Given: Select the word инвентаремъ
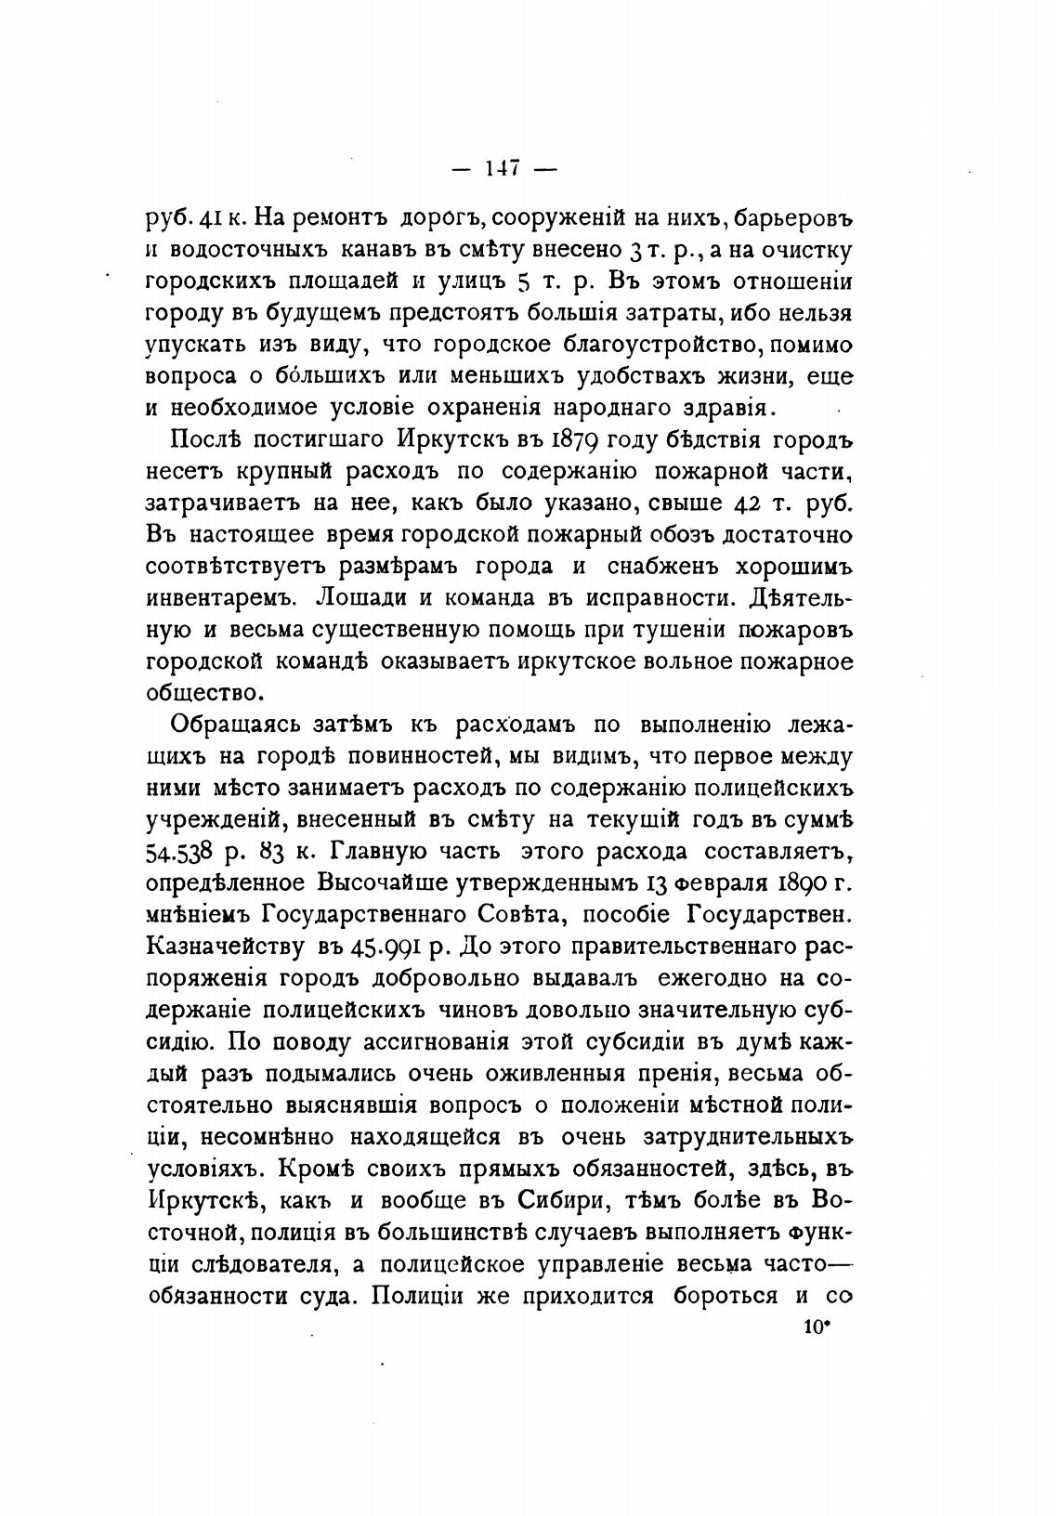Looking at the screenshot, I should (x=221, y=597).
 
